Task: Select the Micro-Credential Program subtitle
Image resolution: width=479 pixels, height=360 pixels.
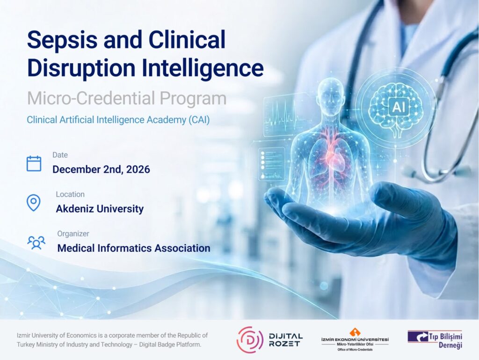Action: (x=127, y=98)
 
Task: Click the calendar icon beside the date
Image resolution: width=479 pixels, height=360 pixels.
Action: (x=34, y=163)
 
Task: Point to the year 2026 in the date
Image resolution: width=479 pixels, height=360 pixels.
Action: (x=138, y=169)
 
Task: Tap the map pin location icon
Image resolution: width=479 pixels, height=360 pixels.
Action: (x=34, y=203)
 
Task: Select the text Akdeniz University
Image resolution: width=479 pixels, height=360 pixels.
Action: (x=100, y=209)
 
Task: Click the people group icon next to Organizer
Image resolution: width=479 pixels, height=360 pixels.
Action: (x=36, y=242)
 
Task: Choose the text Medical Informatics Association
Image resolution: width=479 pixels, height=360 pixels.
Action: (x=134, y=248)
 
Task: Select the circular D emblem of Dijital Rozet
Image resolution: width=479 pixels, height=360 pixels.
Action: (x=250, y=340)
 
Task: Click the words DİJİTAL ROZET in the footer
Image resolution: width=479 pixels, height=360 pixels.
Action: (x=286, y=340)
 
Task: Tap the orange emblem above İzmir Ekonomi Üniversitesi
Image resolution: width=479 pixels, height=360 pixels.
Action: (x=355, y=332)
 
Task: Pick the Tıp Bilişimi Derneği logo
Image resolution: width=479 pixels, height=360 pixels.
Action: (x=435, y=339)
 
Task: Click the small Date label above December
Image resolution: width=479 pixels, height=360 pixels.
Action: (x=60, y=155)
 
